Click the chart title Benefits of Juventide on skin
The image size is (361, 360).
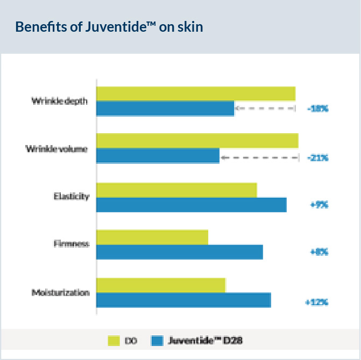[x=109, y=27]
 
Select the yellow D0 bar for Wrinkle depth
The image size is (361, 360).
[x=195, y=93]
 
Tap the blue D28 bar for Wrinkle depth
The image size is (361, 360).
[x=165, y=109]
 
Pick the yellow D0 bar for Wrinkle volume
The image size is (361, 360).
[x=197, y=140]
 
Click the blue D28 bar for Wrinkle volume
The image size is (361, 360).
[x=158, y=156]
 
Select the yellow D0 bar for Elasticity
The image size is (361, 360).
[x=176, y=190]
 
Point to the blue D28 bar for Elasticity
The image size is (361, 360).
[x=191, y=205]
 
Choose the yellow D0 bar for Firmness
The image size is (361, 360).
[x=152, y=237]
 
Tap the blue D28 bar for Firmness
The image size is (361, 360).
[x=179, y=252]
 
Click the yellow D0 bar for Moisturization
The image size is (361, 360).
[x=160, y=285]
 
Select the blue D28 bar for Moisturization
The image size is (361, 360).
[x=183, y=300]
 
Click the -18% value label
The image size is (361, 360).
[x=317, y=109]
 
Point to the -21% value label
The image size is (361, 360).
[x=317, y=158]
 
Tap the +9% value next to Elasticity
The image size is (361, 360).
[x=319, y=205]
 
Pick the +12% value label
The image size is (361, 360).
[x=316, y=302]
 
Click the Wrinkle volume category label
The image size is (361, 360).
[x=56, y=148]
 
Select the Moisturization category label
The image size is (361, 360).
[x=60, y=293]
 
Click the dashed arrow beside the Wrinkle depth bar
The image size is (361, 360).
[x=265, y=109]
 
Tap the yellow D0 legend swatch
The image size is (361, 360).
[x=114, y=341]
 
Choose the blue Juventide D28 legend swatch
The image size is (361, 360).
[x=157, y=341]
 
